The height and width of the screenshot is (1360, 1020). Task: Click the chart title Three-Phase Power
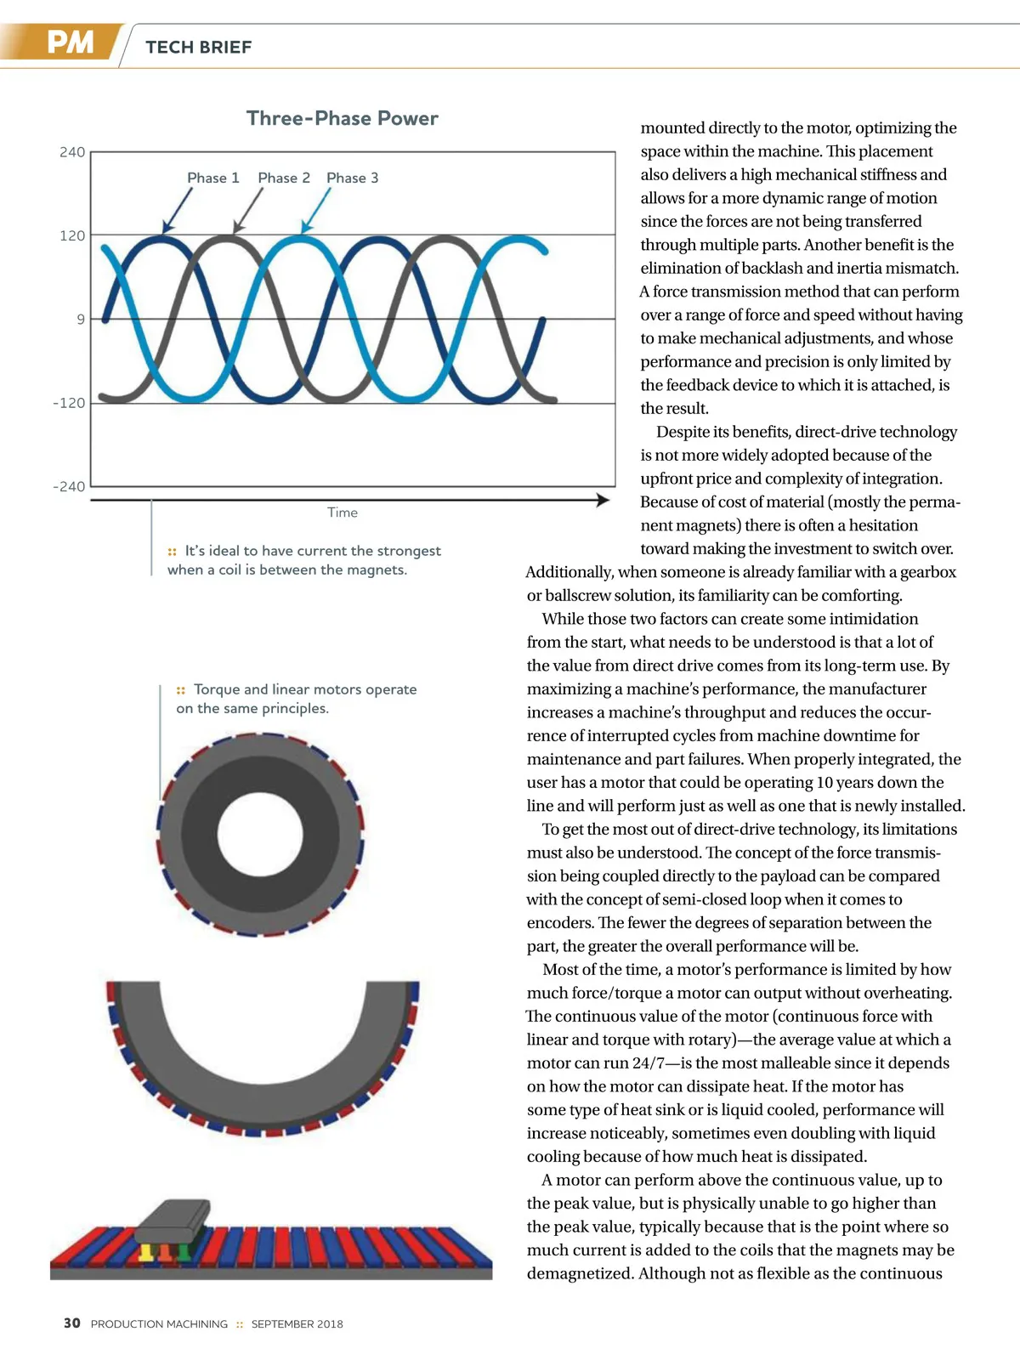point(342,118)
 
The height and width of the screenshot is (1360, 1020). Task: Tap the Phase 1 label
point(212,178)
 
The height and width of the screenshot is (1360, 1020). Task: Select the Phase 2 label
point(284,178)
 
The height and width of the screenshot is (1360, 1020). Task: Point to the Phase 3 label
point(352,178)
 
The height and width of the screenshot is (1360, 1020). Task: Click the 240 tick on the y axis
point(72,152)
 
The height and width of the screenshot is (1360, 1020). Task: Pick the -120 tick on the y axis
point(69,403)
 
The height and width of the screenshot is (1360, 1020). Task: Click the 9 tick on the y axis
point(81,320)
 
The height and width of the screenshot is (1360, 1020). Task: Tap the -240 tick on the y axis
point(69,486)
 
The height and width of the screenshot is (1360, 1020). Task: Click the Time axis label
point(343,513)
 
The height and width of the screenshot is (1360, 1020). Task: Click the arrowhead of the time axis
point(603,500)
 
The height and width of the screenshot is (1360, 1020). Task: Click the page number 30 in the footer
point(72,1323)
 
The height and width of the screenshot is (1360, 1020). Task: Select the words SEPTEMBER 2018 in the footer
point(297,1323)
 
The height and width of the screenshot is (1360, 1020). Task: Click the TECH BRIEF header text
point(199,48)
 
